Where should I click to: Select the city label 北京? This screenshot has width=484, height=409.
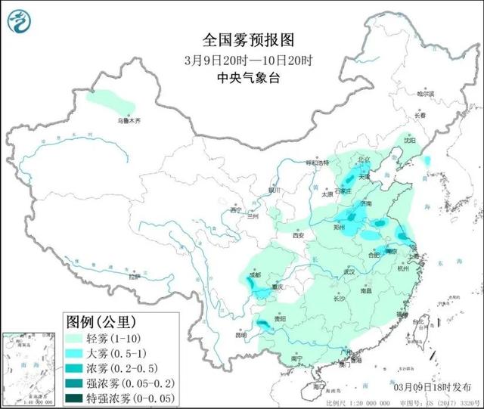(365, 160)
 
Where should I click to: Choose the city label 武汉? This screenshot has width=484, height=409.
(349, 271)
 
